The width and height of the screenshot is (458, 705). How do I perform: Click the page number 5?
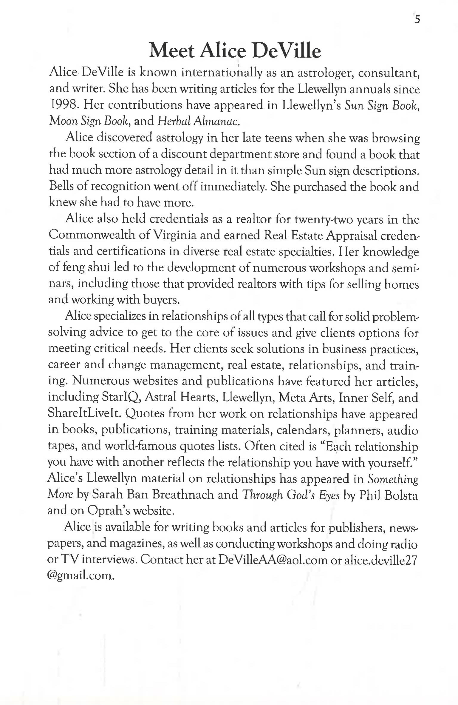[417, 19]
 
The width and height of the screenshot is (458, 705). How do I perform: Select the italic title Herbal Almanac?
[198, 121]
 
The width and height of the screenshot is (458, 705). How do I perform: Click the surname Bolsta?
[401, 495]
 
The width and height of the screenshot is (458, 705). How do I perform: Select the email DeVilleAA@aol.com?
[273, 560]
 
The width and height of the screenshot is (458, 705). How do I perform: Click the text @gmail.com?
[81, 575]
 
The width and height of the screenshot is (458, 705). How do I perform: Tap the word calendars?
[303, 430]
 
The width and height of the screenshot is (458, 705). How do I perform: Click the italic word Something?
[393, 479]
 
